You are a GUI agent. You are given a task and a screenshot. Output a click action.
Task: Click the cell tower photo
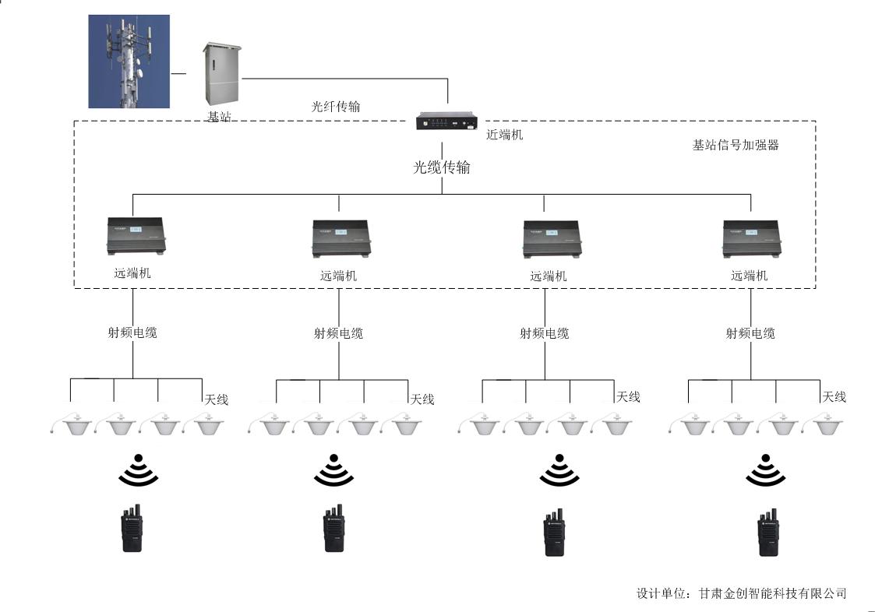(x=129, y=61)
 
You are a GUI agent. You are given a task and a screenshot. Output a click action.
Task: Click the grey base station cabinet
(x=221, y=75)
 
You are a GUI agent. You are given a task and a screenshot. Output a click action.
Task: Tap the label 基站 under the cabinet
(x=219, y=117)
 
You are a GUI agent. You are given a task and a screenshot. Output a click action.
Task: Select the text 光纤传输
(x=336, y=107)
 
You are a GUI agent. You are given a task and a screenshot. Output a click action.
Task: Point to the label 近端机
(x=505, y=135)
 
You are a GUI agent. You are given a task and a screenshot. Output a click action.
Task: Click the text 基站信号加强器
(x=736, y=145)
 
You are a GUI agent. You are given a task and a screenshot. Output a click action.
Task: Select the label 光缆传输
(x=442, y=167)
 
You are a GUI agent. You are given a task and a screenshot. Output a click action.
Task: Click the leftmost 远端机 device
(x=136, y=237)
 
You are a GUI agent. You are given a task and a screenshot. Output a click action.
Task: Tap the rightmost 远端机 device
(x=751, y=238)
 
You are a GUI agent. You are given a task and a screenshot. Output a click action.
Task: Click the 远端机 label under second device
(x=339, y=276)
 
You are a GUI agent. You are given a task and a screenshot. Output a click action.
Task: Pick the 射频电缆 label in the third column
(x=545, y=333)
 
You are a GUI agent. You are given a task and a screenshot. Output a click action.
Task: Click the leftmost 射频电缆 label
(x=132, y=332)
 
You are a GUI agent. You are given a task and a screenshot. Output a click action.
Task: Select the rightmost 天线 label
(x=834, y=396)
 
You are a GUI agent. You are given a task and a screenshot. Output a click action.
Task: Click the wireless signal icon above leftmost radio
(x=138, y=470)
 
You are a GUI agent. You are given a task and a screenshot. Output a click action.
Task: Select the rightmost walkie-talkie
(x=769, y=533)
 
